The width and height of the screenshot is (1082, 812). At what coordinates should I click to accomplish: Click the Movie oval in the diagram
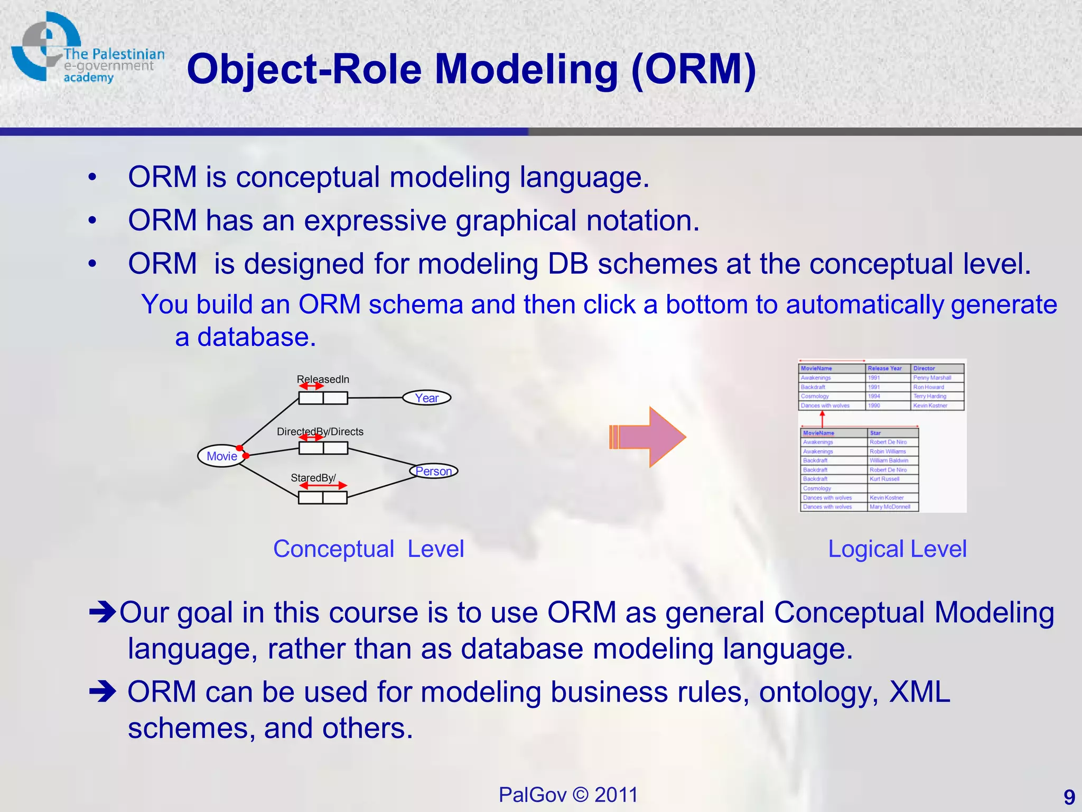click(221, 456)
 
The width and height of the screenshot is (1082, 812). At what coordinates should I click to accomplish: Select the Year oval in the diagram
click(426, 398)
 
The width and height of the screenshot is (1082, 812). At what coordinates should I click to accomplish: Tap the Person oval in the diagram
click(433, 471)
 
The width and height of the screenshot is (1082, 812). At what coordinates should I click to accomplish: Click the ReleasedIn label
click(323, 379)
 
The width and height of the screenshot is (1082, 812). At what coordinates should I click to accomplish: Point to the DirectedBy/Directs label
click(320, 431)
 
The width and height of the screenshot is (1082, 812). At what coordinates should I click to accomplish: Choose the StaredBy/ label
click(313, 478)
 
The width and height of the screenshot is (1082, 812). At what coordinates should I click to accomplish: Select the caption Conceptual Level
click(368, 549)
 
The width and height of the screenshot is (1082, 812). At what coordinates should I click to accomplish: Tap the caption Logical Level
click(897, 549)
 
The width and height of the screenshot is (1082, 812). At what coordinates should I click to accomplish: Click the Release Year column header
click(884, 368)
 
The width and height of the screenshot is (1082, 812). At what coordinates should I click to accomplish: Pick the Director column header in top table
click(924, 368)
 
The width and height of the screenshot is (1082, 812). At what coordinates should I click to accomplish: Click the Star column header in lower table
click(875, 433)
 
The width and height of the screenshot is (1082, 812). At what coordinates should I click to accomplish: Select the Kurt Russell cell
click(884, 479)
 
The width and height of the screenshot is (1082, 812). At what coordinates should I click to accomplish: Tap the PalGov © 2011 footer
click(568, 795)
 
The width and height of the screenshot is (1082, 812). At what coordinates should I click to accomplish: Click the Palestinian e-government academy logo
click(85, 50)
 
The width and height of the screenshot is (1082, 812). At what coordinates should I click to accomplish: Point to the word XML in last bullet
click(920, 691)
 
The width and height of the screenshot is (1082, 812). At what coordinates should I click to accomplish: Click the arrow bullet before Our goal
click(102, 612)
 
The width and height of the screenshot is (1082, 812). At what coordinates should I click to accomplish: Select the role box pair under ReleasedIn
click(323, 398)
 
